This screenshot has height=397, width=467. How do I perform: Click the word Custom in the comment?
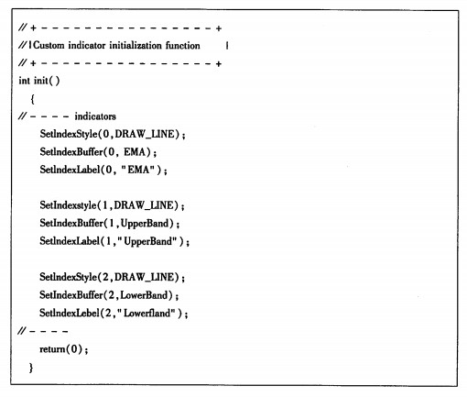[49, 46]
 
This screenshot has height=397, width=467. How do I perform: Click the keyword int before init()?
[24, 81]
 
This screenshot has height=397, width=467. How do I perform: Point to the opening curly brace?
[32, 99]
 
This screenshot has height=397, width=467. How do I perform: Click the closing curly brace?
[31, 368]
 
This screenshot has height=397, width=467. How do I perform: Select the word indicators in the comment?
[95, 116]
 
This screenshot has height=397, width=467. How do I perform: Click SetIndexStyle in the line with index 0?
[69, 134]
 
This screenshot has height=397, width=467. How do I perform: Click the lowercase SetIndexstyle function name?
[68, 205]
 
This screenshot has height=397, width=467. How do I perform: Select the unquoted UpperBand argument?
[145, 224]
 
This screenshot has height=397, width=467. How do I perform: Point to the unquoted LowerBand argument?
[144, 295]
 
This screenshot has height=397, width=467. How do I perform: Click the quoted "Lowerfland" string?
[147, 313]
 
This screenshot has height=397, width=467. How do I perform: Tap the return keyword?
[52, 349]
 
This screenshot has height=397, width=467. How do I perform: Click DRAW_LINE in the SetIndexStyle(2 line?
[147, 277]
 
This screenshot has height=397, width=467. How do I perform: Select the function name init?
[41, 81]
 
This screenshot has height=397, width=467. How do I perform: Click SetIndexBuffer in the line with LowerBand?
[71, 295]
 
